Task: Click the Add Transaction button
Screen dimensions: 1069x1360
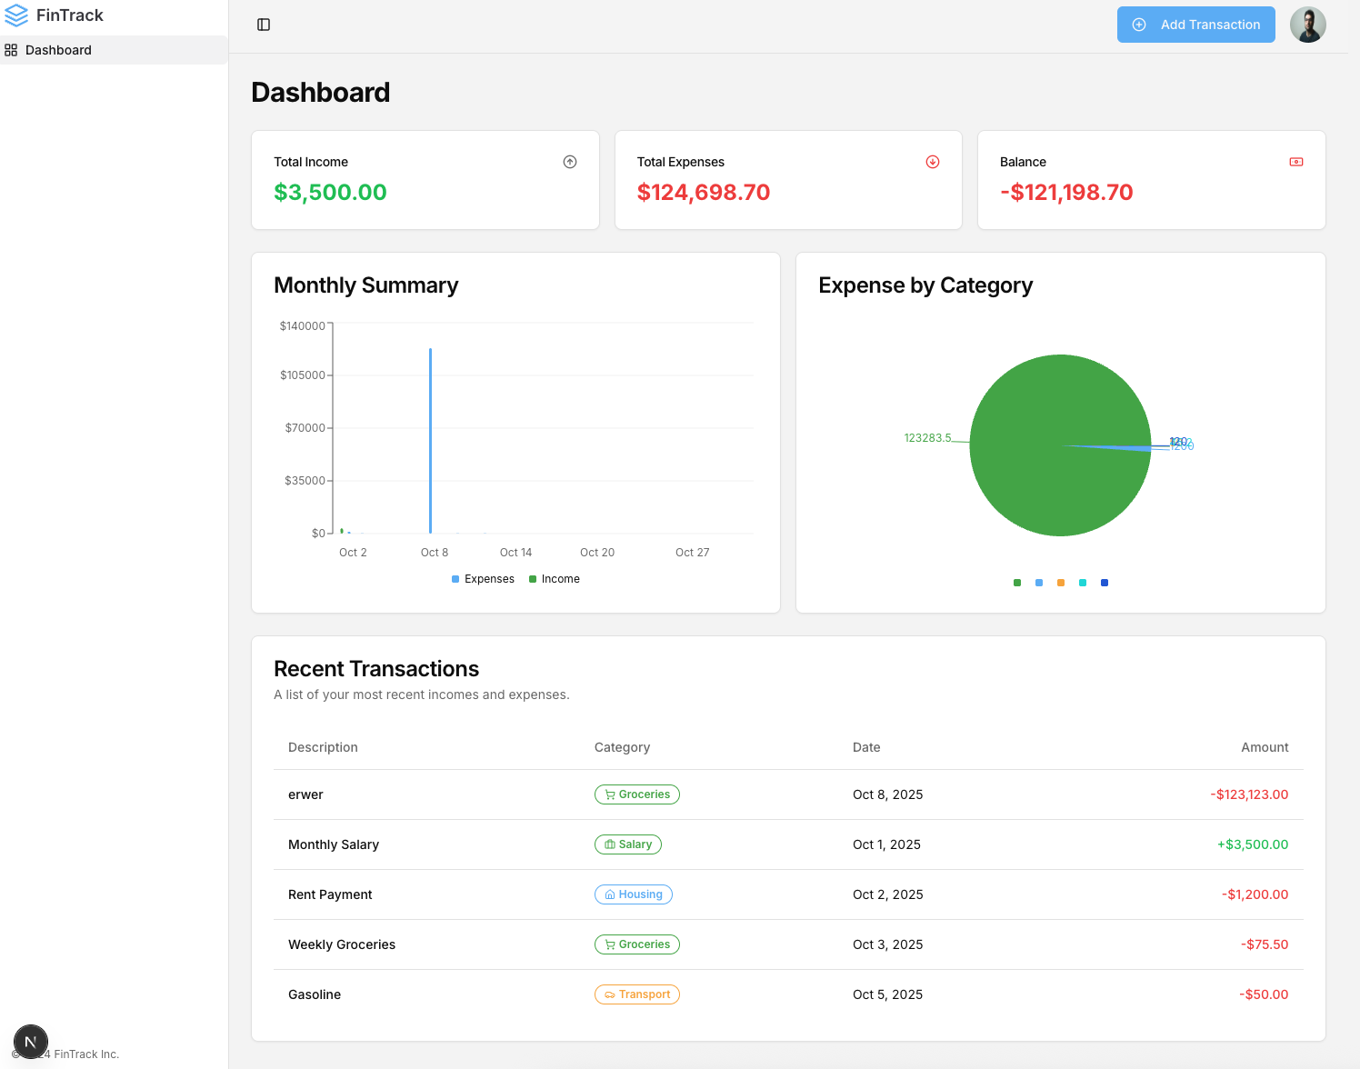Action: click(1195, 25)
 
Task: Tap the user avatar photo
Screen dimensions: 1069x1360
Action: click(1307, 25)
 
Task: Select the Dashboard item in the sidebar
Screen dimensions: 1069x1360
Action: click(58, 50)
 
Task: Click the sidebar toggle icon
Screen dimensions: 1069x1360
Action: click(264, 25)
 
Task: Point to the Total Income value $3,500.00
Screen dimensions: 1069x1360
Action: click(330, 192)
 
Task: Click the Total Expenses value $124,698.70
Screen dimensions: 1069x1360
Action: click(703, 192)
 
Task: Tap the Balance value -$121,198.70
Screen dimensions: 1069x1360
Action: click(1065, 192)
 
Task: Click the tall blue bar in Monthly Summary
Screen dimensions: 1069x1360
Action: click(430, 441)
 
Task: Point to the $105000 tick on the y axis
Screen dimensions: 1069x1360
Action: click(303, 375)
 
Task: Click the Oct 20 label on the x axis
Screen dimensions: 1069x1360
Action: click(597, 553)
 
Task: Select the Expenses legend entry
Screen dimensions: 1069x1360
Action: click(484, 579)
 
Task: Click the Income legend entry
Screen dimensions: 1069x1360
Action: click(555, 579)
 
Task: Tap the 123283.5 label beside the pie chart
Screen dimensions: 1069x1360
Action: click(927, 438)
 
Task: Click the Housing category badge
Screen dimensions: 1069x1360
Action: click(634, 894)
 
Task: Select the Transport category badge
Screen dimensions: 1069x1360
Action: click(637, 994)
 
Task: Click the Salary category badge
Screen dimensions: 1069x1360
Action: click(628, 844)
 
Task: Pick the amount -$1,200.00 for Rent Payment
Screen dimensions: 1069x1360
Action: click(1255, 894)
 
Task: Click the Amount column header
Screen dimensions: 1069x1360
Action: click(1265, 747)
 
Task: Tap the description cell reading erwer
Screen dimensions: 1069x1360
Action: click(305, 794)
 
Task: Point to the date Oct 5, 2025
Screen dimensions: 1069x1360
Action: click(887, 994)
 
